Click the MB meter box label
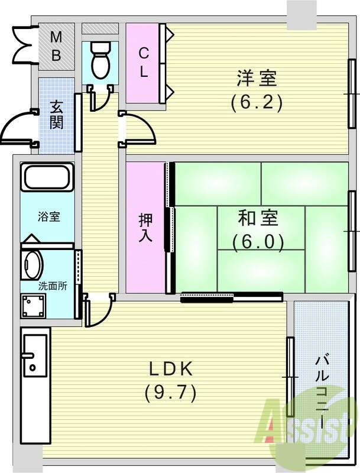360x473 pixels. click(56, 46)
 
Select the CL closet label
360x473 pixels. click(143, 62)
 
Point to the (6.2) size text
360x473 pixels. click(257, 103)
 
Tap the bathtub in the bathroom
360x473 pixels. click(47, 177)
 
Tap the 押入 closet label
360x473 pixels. click(145, 228)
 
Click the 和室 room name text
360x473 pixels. click(258, 219)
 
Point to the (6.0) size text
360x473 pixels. click(258, 242)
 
